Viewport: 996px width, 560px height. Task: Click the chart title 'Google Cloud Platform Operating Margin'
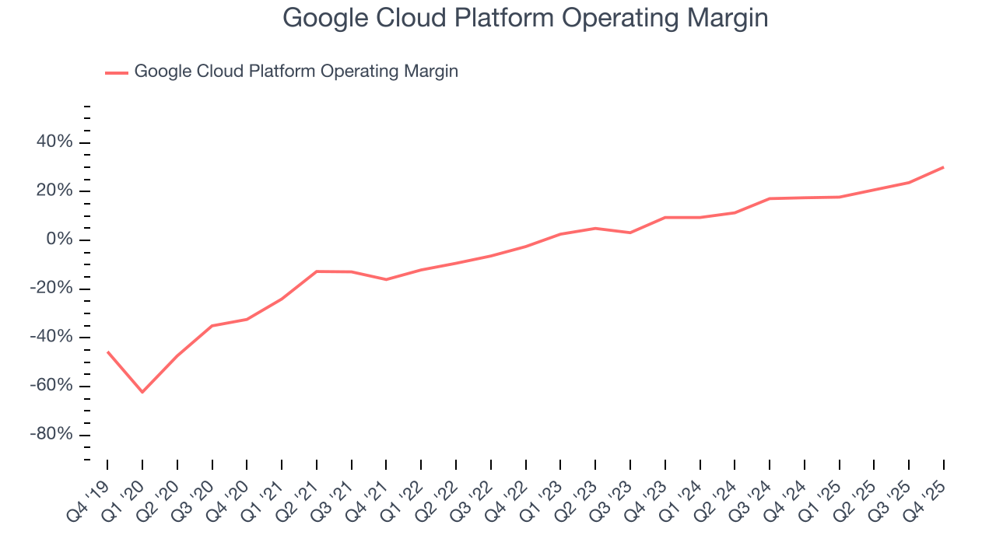(x=525, y=17)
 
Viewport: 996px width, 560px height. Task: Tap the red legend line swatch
(x=117, y=72)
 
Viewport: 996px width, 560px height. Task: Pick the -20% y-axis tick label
(x=48, y=289)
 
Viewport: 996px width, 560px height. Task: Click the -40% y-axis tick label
(x=48, y=337)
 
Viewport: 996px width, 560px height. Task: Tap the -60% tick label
(x=48, y=386)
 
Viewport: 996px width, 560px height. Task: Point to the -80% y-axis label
(x=48, y=434)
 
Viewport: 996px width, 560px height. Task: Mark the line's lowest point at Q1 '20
(x=142, y=392)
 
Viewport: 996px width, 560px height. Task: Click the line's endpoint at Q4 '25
(x=944, y=167)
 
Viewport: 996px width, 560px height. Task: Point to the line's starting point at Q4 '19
(x=107, y=352)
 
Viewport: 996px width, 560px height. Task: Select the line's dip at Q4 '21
(x=386, y=279)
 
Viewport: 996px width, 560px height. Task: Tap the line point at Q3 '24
(x=770, y=198)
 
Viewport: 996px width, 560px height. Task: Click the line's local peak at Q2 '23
(x=595, y=228)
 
